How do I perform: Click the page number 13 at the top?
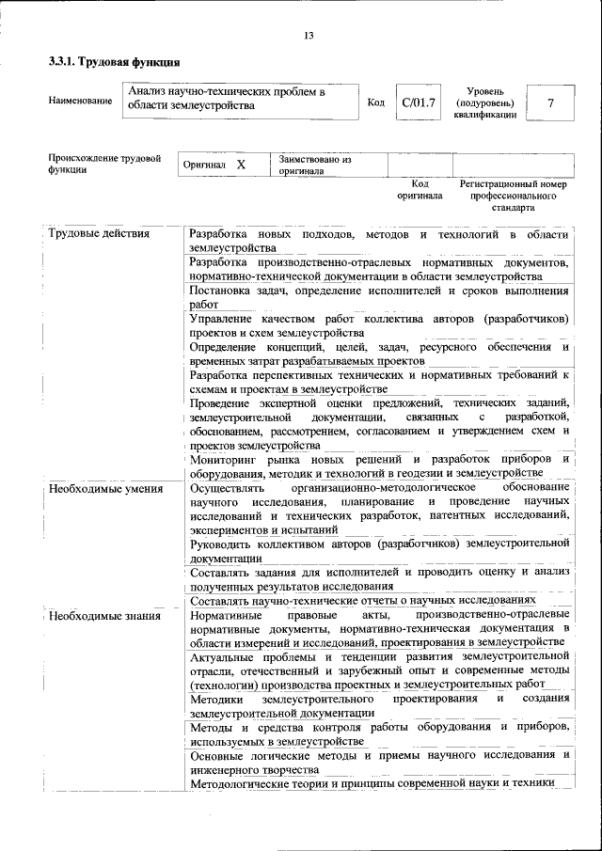[309, 36]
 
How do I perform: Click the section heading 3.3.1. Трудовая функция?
[114, 64]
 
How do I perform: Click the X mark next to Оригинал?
[241, 165]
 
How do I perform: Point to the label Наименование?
[80, 101]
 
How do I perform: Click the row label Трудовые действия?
[99, 233]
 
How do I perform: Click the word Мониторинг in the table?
[224, 459]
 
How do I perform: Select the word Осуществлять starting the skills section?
[228, 488]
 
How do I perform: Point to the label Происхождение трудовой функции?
[104, 165]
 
